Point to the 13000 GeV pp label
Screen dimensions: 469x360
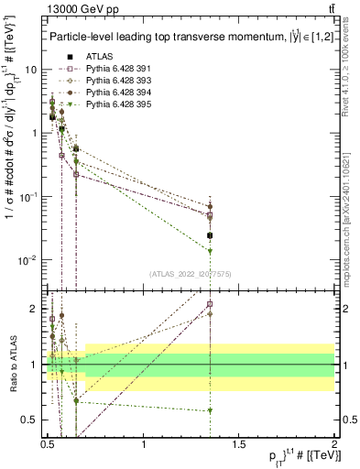click(80, 10)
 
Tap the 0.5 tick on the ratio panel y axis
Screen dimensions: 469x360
click(30, 420)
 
